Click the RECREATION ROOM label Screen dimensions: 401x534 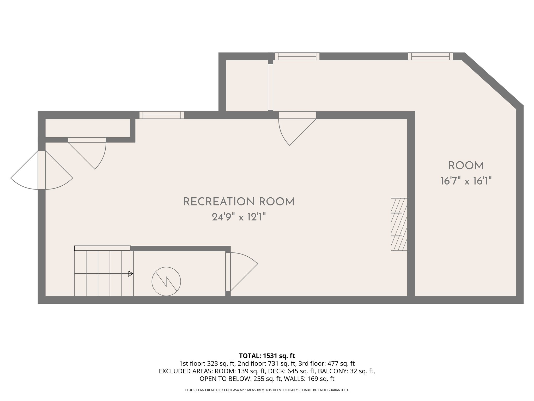click(x=239, y=202)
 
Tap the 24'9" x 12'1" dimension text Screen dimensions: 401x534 click(x=239, y=217)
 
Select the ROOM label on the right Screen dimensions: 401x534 click(x=466, y=166)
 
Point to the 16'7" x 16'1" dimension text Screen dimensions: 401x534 click(x=466, y=181)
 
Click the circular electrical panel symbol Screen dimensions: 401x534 click(x=166, y=281)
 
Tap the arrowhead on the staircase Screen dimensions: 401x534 click(x=131, y=274)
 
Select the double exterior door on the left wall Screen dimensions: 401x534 click(x=42, y=170)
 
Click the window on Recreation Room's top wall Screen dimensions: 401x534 click(x=162, y=115)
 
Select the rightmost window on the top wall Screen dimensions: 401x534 click(x=430, y=56)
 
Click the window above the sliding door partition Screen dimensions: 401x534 click(x=297, y=56)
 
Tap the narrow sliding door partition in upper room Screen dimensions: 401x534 click(x=270, y=87)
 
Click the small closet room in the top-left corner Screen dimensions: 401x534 click(x=88, y=128)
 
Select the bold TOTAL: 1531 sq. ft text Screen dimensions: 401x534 click(x=267, y=356)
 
